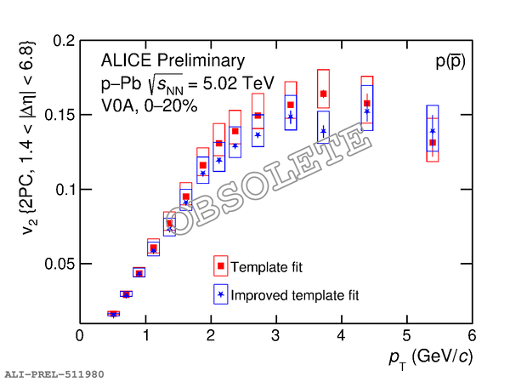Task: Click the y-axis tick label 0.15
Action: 60,115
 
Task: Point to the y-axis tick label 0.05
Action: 60,265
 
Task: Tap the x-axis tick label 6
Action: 471,336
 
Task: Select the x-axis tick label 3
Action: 275,336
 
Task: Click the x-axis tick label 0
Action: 80,336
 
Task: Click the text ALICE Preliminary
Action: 173,60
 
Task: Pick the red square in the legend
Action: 220,266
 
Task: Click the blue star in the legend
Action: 220,294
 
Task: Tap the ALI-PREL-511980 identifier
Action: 54,373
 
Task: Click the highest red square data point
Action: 323,94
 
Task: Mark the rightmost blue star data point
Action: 433,132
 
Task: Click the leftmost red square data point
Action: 113,314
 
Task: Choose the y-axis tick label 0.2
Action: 64,40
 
